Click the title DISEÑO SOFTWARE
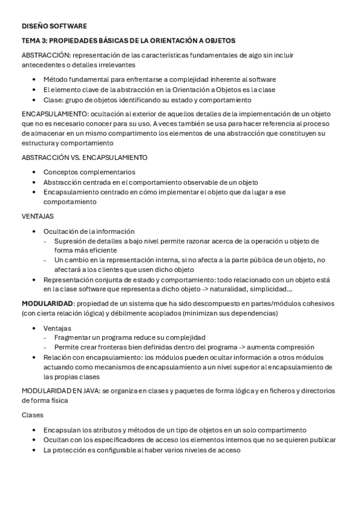tap(54, 26)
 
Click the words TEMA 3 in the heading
tap(34, 40)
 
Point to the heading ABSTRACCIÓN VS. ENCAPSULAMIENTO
tap(85, 158)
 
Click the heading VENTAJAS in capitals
tap(38, 215)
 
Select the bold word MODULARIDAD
tap(47, 303)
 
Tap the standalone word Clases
tap(33, 415)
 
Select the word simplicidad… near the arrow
tap(273, 289)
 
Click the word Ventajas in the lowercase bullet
tap(57, 328)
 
